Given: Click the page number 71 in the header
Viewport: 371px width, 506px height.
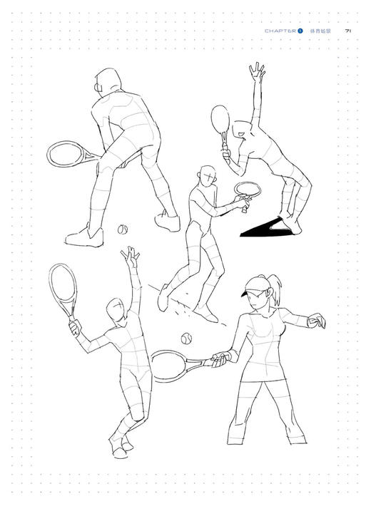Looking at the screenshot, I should [x=348, y=31].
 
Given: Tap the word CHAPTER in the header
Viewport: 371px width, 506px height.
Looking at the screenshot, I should [x=280, y=31].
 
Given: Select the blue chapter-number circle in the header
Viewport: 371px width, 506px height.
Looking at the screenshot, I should [x=301, y=31].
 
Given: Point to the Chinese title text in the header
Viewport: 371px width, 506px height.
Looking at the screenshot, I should [x=320, y=31].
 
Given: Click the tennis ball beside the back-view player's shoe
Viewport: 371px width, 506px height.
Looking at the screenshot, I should [x=123, y=230].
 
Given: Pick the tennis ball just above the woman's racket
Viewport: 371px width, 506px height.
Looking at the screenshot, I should [x=187, y=338].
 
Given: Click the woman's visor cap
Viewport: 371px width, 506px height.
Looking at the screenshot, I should [x=252, y=289].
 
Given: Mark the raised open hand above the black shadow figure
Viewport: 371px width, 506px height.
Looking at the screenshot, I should [x=255, y=71].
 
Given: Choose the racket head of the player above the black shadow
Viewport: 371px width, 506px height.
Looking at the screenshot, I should [x=221, y=119].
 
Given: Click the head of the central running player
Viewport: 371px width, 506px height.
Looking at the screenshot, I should [x=207, y=175].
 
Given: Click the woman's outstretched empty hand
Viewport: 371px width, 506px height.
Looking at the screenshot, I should [x=316, y=321].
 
